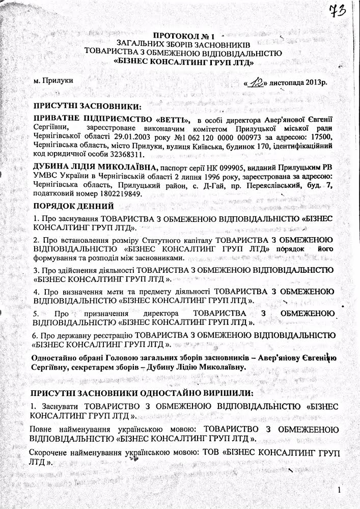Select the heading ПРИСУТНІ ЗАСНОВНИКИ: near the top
86,106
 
